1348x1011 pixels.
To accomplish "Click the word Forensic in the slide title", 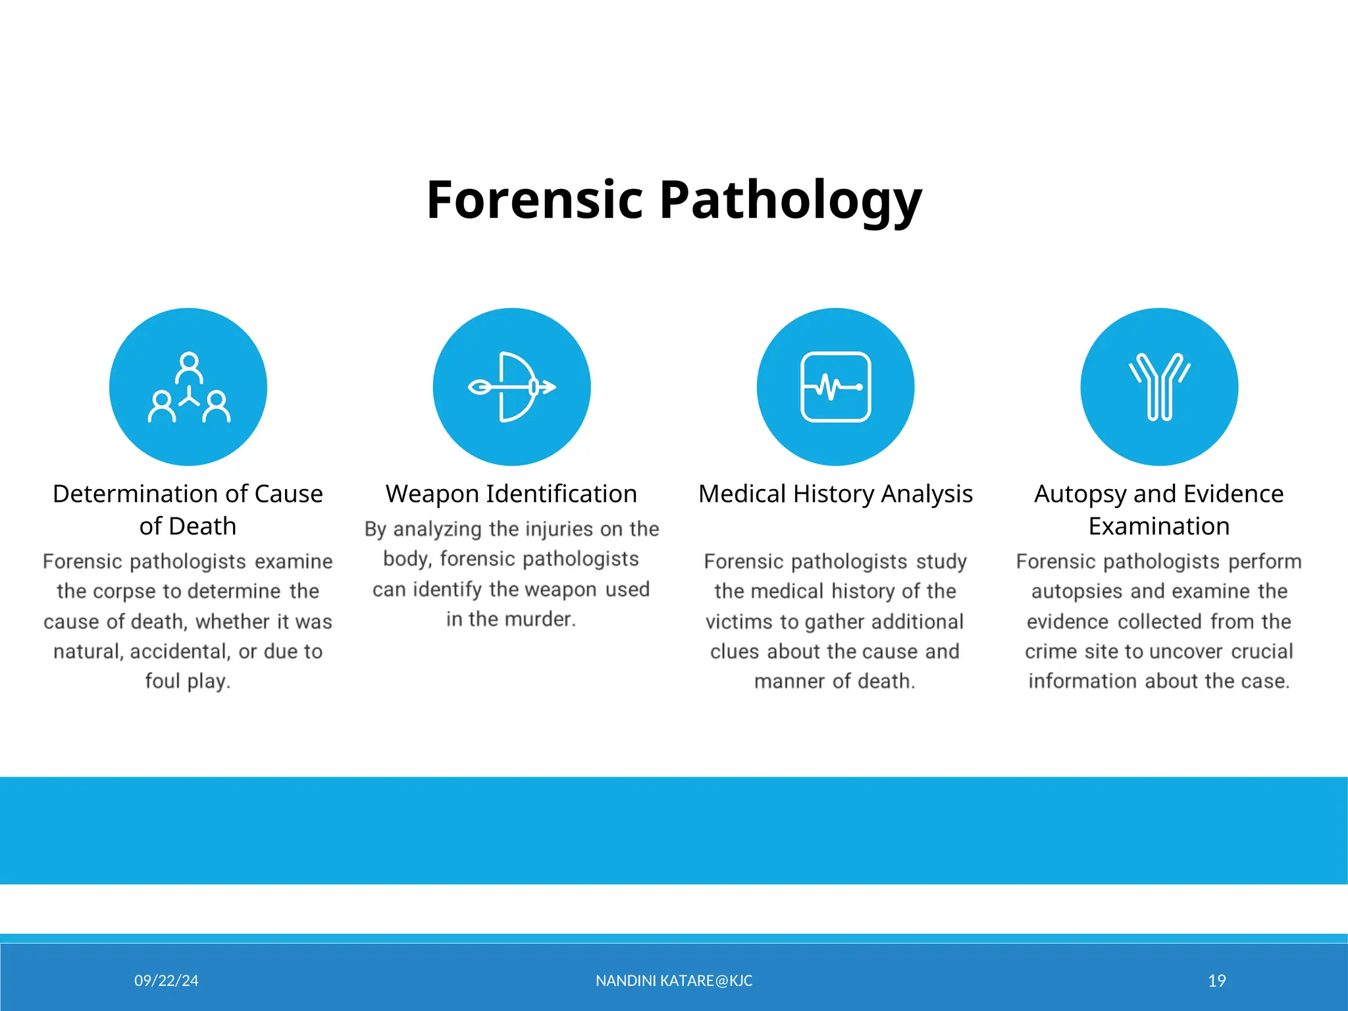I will (x=534, y=199).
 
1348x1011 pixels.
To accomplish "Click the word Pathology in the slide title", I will (x=790, y=200).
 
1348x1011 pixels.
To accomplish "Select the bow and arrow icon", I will (x=511, y=387).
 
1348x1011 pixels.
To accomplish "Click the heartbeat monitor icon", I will (x=835, y=387).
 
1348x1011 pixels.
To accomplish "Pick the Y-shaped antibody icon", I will (x=1159, y=387).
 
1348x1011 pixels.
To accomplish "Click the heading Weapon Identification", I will (x=511, y=494).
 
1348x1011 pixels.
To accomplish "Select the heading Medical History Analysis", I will (x=835, y=494).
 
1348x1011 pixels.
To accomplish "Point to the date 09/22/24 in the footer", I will (x=167, y=981).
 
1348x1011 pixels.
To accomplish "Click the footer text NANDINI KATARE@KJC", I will (x=674, y=981).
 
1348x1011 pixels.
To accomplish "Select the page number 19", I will (x=1217, y=981).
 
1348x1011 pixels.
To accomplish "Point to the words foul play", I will (x=188, y=681).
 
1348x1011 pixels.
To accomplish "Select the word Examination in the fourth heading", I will (x=1159, y=527).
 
